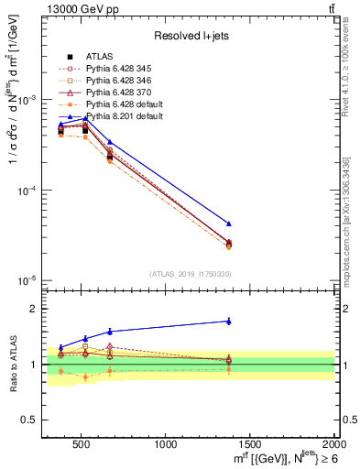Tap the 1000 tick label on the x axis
pos(166,444)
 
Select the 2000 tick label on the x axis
pos(333,444)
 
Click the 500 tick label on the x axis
pos(82,444)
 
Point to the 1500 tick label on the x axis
pos(250,444)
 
